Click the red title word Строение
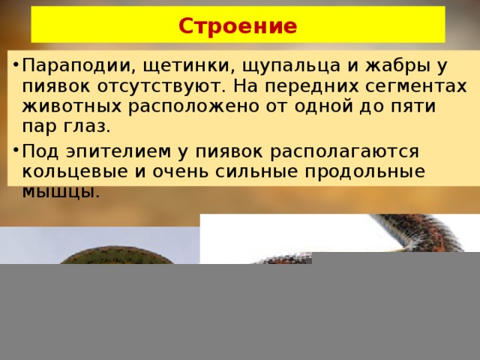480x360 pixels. (238, 25)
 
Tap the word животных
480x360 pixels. (72, 106)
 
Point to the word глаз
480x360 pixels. (87, 127)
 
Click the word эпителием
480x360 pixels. (118, 151)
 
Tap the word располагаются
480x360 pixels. (344, 152)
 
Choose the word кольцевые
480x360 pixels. (75, 172)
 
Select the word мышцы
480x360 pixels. (61, 193)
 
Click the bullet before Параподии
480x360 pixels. (16, 65)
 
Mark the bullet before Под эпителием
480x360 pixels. (16, 150)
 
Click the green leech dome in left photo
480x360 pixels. (115, 255)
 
